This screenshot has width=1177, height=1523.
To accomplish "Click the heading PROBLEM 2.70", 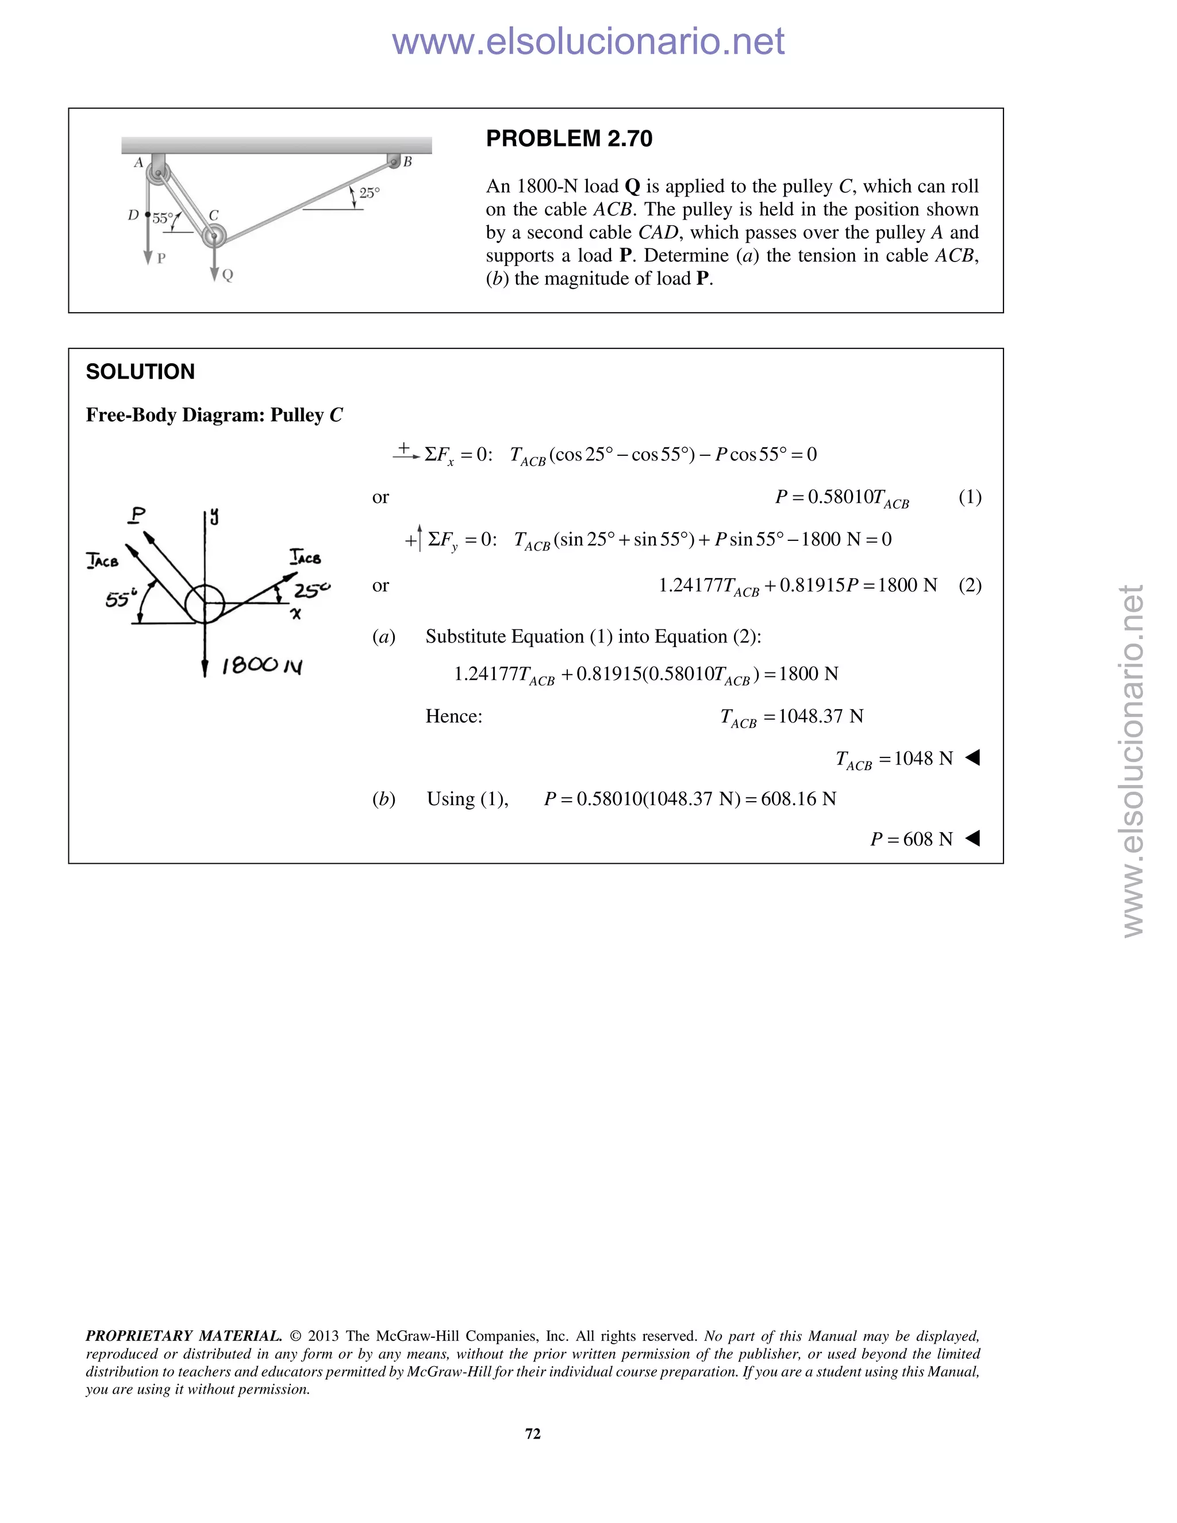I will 569,139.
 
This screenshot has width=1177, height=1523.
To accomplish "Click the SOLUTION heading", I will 140,372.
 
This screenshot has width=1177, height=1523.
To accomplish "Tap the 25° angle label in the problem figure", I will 370,193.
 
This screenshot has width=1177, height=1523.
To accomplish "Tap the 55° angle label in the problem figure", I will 163,218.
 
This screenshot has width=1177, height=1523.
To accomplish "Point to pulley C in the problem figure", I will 214,236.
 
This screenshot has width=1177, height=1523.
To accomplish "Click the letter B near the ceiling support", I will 408,162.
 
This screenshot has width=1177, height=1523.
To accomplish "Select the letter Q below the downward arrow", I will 228,275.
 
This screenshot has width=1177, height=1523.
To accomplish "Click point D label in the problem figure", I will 133,216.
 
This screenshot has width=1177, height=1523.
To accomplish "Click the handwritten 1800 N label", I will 261,666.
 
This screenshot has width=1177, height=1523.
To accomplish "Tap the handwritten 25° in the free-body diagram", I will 311,591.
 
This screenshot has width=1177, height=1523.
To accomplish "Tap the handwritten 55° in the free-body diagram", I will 120,598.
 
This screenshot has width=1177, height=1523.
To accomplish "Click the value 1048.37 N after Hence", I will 821,716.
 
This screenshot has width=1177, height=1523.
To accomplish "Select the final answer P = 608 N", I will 911,839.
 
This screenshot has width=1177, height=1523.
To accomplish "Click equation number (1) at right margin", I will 970,497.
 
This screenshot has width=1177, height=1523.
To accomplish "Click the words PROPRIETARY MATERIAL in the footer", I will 183,1336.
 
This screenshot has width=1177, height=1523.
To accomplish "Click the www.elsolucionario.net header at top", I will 588,42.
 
